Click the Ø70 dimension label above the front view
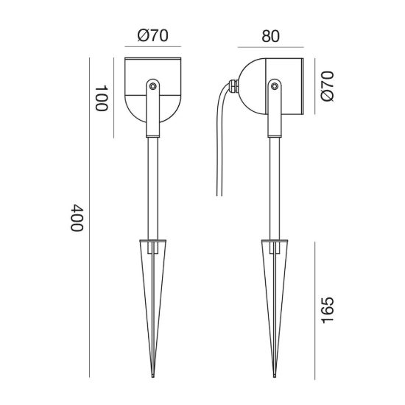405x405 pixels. pyautogui.click(x=152, y=35)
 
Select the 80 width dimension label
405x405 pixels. pyautogui.click(x=270, y=36)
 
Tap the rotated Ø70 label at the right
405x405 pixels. pyautogui.click(x=327, y=86)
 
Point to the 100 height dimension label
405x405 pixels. pyautogui.click(x=102, y=98)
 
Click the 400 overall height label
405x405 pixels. pyautogui.click(x=77, y=218)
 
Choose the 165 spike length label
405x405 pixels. pyautogui.click(x=327, y=310)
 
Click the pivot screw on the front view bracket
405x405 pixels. pyautogui.click(x=152, y=85)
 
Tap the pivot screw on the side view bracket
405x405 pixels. pyautogui.click(x=275, y=85)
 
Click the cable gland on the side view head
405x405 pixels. pyautogui.click(x=233, y=86)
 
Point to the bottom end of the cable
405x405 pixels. pyautogui.click(x=219, y=196)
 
